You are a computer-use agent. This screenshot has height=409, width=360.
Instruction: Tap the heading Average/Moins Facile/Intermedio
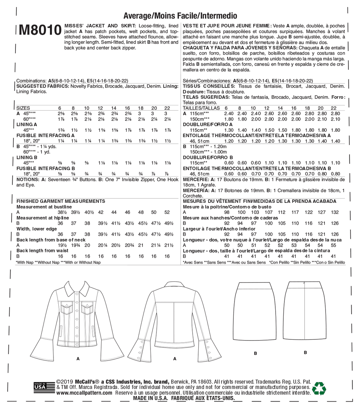tap(180, 16)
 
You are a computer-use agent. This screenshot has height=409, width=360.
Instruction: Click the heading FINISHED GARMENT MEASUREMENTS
tap(61, 201)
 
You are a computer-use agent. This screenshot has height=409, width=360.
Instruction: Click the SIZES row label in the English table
tap(23, 108)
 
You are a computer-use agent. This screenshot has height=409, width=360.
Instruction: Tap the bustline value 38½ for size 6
tap(62, 212)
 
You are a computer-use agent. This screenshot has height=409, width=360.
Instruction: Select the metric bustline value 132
tap(335, 212)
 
